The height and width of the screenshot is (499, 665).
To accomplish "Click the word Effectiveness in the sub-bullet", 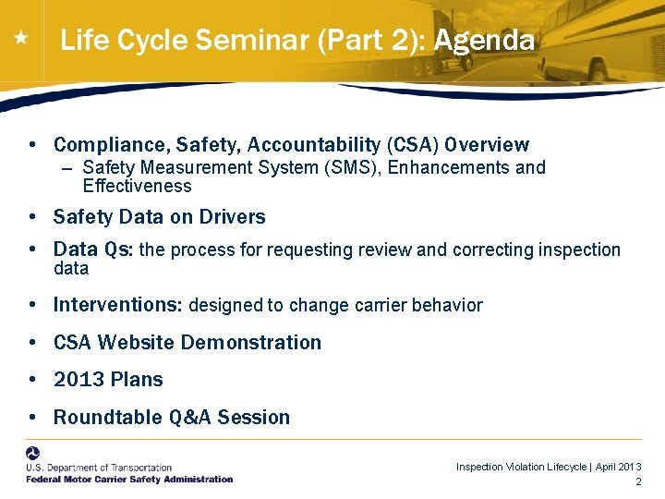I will pyautogui.click(x=137, y=186).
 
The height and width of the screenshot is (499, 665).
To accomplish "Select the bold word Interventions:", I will pyautogui.click(x=118, y=305).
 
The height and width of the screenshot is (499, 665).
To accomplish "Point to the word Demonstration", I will pyautogui.click(x=250, y=343).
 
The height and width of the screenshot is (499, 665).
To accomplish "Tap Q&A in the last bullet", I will pyautogui.click(x=191, y=418).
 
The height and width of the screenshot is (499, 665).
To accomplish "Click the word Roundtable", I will pyautogui.click(x=108, y=418).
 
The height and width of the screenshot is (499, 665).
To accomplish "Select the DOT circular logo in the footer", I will pyautogui.click(x=33, y=455).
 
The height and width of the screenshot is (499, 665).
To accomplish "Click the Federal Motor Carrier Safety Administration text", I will pyautogui.click(x=129, y=479).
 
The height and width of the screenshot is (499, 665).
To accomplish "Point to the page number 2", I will pyautogui.click(x=638, y=483).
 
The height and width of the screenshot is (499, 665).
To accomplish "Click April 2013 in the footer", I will pyautogui.click(x=619, y=468).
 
